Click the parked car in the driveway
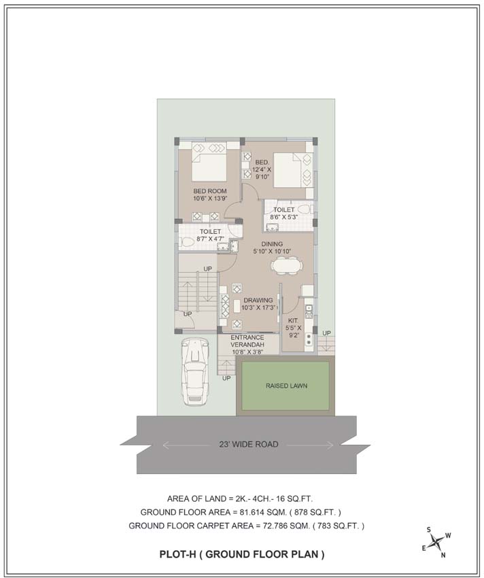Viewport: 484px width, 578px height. [195, 373]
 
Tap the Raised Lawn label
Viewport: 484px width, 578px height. [286, 386]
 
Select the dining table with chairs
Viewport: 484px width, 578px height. [287, 265]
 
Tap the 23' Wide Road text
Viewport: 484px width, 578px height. [248, 445]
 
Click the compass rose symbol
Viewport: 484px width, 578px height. [437, 542]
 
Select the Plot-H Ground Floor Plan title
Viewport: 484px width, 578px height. [242, 554]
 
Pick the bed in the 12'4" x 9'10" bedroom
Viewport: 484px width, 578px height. [293, 171]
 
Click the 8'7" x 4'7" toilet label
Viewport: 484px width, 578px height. [210, 235]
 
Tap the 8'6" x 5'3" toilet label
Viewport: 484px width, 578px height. [284, 214]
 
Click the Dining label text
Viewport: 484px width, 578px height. [272, 244]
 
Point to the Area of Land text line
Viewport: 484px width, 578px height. [240, 499]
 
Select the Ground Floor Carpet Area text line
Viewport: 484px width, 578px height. [246, 526]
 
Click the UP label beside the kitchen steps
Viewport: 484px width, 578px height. [326, 333]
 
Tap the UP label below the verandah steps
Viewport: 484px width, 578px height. [226, 378]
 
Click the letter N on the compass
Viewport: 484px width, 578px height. [443, 555]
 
